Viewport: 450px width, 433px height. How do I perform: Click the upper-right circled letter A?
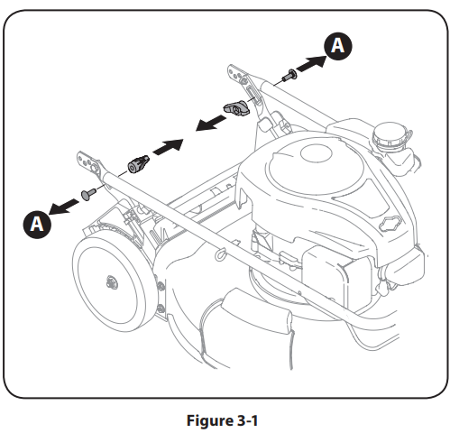click(338, 46)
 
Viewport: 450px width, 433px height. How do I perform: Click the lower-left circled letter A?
click(37, 225)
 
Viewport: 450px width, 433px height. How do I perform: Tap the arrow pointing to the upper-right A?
click(311, 64)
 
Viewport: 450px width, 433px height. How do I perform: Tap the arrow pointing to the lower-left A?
click(63, 207)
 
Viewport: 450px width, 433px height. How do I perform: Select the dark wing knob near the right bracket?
click(236, 108)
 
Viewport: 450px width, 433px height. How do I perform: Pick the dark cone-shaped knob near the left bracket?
click(138, 163)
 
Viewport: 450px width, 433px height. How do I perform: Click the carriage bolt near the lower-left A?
click(88, 194)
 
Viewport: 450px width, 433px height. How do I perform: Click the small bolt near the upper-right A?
click(289, 75)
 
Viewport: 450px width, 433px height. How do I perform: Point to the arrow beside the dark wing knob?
click(211, 124)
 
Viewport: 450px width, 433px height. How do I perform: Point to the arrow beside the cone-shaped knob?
click(168, 147)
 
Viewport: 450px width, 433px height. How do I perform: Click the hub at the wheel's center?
click(112, 282)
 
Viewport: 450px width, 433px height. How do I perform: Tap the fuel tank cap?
click(390, 135)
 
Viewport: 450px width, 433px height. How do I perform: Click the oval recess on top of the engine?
click(317, 153)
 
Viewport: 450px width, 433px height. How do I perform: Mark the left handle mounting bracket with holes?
click(89, 164)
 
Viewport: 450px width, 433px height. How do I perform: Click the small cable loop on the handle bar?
click(220, 254)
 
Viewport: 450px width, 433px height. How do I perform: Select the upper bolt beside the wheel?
click(161, 286)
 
